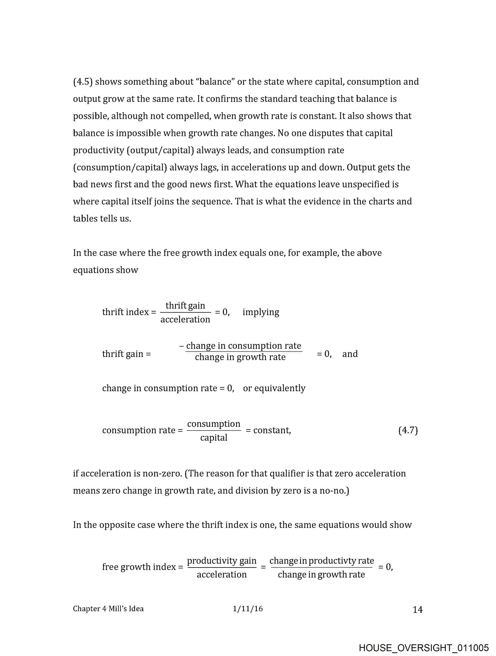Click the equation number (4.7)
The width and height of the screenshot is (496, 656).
[x=408, y=430]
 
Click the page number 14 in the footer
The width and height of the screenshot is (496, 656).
[x=417, y=610]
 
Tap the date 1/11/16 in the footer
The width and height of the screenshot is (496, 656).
[x=248, y=609]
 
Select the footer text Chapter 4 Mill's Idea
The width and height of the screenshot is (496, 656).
[x=108, y=609]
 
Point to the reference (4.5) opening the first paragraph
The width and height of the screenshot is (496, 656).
[x=83, y=82]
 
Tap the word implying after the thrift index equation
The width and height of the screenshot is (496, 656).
[x=261, y=312]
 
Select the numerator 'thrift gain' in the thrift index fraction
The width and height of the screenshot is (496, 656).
[x=185, y=305]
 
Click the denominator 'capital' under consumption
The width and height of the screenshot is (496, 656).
[x=214, y=438]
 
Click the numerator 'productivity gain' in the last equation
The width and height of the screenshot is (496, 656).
[x=222, y=561]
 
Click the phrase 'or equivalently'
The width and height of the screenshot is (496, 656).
[x=274, y=388]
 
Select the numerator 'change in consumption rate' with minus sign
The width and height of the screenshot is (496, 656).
[x=240, y=346]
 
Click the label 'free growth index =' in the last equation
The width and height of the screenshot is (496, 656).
[x=143, y=567]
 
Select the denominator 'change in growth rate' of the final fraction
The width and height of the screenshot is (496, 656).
[x=321, y=575]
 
